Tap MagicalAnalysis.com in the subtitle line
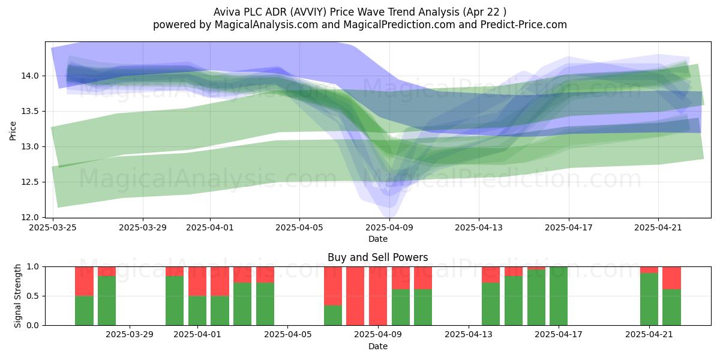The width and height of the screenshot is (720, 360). (x=266, y=25)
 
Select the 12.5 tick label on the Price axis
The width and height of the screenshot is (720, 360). (x=30, y=182)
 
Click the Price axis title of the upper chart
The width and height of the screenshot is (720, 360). (x=13, y=131)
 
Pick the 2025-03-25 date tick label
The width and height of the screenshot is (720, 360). (x=53, y=227)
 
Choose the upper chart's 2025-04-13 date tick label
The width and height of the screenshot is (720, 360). (x=479, y=227)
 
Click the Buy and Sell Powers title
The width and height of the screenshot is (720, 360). (x=377, y=257)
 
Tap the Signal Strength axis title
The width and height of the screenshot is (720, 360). (x=17, y=296)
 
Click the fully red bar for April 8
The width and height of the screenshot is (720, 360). (x=355, y=296)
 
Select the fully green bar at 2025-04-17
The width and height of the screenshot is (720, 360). (x=559, y=296)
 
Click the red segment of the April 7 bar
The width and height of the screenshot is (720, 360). (x=332, y=286)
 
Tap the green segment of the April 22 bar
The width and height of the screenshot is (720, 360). (x=671, y=307)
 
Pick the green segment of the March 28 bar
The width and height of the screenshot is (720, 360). (x=107, y=301)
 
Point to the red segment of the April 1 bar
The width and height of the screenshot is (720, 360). (x=197, y=281)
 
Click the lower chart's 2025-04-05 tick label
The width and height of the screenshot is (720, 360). (x=287, y=335)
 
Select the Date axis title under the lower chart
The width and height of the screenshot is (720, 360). (x=377, y=346)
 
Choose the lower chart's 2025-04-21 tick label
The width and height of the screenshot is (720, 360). (x=649, y=335)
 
